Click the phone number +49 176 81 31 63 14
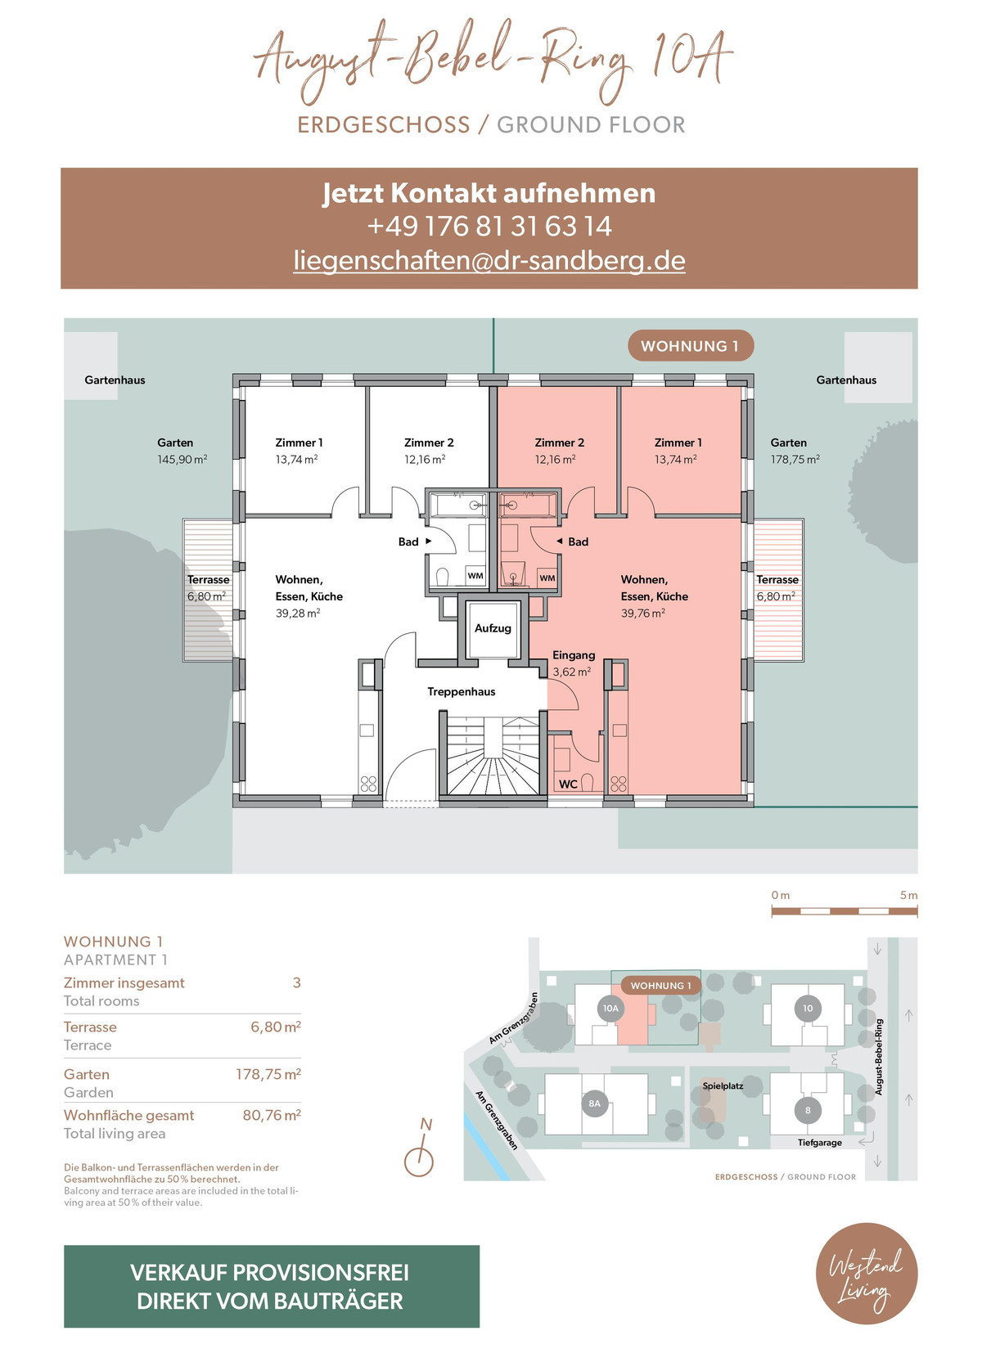pyautogui.click(x=489, y=227)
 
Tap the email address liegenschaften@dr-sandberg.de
pyautogui.click(x=489, y=260)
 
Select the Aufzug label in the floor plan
pyautogui.click(x=493, y=628)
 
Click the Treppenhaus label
pyautogui.click(x=462, y=691)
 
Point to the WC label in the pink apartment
pyautogui.click(x=568, y=784)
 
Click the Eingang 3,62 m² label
pyautogui.click(x=573, y=663)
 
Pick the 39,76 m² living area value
pyautogui.click(x=642, y=614)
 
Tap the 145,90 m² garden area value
pyautogui.click(x=182, y=460)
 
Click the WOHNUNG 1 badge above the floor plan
pyautogui.click(x=691, y=346)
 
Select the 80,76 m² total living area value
pyautogui.click(x=272, y=1115)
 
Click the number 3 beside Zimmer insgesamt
pyautogui.click(x=297, y=982)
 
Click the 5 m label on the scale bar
pyautogui.click(x=908, y=895)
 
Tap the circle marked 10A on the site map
pyautogui.click(x=610, y=1008)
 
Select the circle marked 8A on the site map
pyautogui.click(x=594, y=1103)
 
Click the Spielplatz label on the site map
pyautogui.click(x=723, y=1086)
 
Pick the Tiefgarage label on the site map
pyautogui.click(x=819, y=1143)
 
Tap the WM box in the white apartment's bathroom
pyautogui.click(x=475, y=576)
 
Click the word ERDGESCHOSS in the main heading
pyautogui.click(x=383, y=124)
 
